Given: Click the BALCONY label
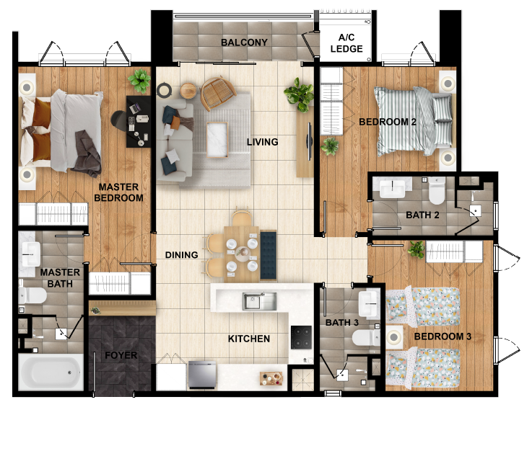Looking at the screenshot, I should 244,43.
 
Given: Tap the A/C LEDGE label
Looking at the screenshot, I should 346,44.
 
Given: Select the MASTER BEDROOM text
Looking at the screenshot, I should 121,192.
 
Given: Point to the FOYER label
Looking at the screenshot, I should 121,355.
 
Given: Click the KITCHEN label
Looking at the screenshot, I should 249,339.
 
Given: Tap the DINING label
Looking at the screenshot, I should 181,255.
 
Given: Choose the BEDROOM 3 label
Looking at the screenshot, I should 442,336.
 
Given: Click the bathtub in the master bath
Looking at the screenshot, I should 50,372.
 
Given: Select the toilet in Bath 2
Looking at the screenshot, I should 437,192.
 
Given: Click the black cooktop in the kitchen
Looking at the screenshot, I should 300,336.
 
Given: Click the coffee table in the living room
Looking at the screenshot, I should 217,139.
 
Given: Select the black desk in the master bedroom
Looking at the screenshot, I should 138,121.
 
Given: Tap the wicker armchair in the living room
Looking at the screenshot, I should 217,92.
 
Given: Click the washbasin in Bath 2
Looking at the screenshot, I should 393,189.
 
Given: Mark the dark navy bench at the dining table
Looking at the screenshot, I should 269,255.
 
